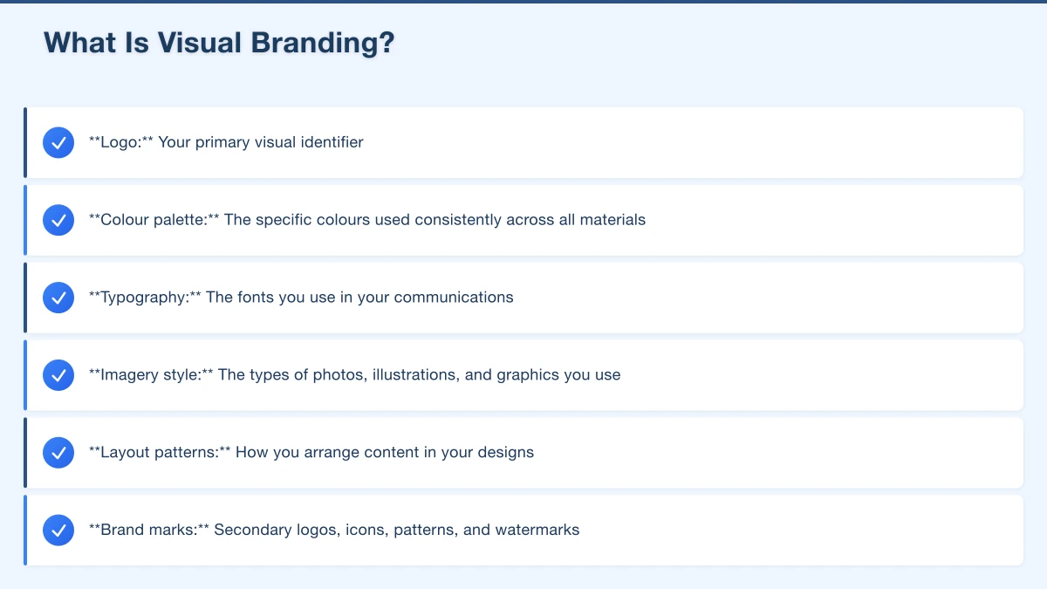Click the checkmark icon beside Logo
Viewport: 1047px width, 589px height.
(x=58, y=142)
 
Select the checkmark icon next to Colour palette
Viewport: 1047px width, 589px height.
(x=58, y=220)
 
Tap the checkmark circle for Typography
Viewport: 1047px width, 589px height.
(x=58, y=298)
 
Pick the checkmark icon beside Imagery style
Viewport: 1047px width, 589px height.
(x=58, y=375)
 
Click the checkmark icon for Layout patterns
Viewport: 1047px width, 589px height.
(x=58, y=453)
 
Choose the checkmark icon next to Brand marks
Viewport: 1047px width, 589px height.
(x=58, y=531)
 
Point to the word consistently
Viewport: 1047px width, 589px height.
(x=458, y=220)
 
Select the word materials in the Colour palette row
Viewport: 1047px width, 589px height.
(x=612, y=220)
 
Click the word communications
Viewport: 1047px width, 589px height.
(x=454, y=298)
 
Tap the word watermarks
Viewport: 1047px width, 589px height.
(x=537, y=531)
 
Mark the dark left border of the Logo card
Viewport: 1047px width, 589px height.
(x=25, y=142)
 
